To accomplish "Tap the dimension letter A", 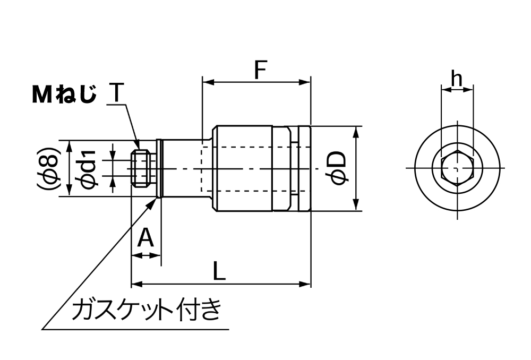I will pyautogui.click(x=145, y=239).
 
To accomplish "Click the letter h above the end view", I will pyautogui.click(x=456, y=79).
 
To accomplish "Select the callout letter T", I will pyautogui.click(x=116, y=94).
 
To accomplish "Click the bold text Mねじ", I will pyautogui.click(x=64, y=95).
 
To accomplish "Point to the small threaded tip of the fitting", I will pyautogui.click(x=140, y=168).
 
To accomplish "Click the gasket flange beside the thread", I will pyautogui.click(x=159, y=168).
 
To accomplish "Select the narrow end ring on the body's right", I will pyautogui.click(x=304, y=168).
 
